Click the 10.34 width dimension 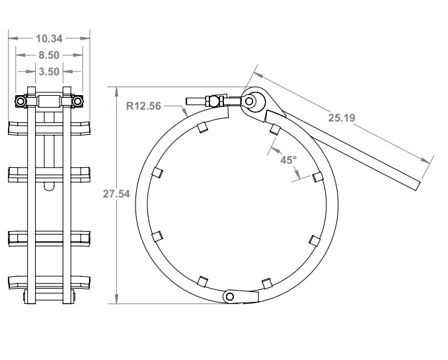pos(49,38)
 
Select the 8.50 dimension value pos(49,55)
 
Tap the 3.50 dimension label pos(49,71)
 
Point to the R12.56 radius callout pos(143,105)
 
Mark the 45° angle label pos(289,160)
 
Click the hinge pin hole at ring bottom pos(229,297)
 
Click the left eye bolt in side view pos(20,102)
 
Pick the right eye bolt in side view pos(79,102)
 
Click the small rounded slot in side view pos(49,187)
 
